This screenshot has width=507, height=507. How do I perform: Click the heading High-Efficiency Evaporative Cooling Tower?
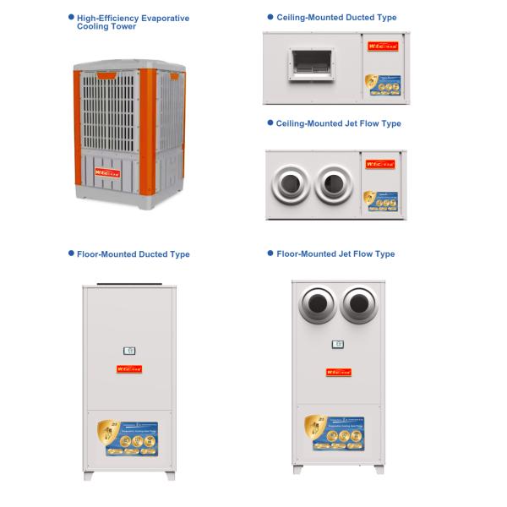pos(133,22)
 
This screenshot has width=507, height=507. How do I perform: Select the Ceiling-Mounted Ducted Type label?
pos(335,18)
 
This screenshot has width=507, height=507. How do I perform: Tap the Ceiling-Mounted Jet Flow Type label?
pos(338,123)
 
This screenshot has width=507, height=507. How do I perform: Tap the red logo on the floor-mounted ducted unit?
pos(129,368)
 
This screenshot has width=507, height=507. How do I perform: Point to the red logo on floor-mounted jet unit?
pos(338,372)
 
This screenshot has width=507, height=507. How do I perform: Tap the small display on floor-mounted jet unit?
pos(338,344)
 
